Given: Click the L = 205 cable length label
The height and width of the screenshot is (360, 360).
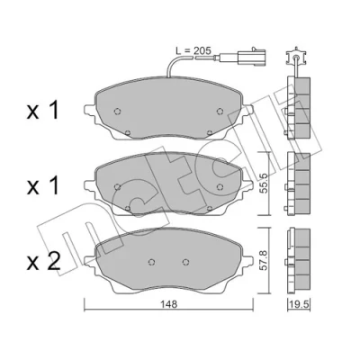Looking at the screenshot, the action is coord(193,50).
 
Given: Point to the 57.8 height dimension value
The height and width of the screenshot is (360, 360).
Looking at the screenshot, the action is coord(263,260).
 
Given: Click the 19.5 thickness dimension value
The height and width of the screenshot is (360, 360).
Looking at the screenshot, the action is coord(299,305).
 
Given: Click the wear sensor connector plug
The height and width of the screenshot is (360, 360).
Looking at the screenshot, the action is coord(251,57).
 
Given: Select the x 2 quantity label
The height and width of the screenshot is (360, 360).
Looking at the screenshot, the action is coord(44,262).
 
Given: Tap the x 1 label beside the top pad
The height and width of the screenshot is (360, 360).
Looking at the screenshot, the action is coord(42,111).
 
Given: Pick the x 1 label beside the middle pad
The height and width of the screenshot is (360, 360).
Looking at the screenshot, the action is coord(42,186).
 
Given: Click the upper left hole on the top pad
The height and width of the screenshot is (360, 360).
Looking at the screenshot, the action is coord(118,112).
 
